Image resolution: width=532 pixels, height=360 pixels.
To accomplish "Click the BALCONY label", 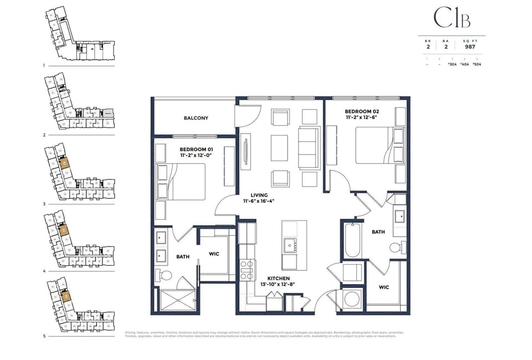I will pos(196,118).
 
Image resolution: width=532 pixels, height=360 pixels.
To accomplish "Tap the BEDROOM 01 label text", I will pos(196,150).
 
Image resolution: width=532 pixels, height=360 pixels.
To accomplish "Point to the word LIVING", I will pos(259,196).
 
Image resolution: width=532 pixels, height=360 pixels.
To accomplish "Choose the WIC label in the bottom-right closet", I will pos(383,287).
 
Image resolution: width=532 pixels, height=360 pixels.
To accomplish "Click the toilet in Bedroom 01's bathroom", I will pos(164,275).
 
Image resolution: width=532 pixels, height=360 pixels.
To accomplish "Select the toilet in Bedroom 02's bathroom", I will pos(397,247).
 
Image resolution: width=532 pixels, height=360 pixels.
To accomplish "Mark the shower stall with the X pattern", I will pos(177,300).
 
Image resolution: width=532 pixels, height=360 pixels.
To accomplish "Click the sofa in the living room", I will pos(308,148).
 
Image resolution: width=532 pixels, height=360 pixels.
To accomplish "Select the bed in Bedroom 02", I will pos(375,146).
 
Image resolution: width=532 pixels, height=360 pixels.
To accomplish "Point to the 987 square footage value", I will pos(470,47).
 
